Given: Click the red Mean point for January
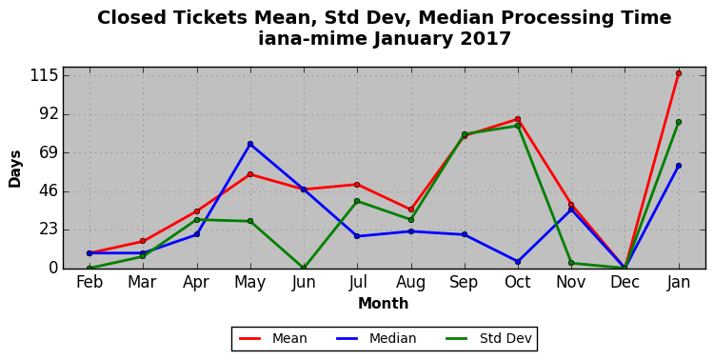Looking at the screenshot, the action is [679, 73].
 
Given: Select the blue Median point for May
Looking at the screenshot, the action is [250, 144].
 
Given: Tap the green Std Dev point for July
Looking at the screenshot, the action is [357, 201].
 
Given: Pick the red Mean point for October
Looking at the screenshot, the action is [518, 119].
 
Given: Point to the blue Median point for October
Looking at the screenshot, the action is [518, 262].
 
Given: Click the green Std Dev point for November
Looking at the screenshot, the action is [571, 263].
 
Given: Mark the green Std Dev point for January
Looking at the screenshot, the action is [679, 122].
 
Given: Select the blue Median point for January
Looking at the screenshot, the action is [679, 166].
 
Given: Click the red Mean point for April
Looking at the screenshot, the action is [197, 211].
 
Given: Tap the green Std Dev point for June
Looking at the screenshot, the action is [304, 268].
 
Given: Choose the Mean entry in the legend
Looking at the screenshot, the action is [273, 339].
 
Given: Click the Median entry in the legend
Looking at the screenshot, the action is [376, 339].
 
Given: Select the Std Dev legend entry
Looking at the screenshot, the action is [488, 339].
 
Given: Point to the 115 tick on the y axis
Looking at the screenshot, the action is [45, 75].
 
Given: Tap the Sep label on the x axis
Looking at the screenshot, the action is [465, 283].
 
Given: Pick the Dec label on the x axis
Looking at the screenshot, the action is [625, 283].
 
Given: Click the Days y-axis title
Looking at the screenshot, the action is [14, 169].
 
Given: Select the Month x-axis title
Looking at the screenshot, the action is [384, 304].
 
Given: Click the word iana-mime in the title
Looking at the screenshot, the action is [312, 39].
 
